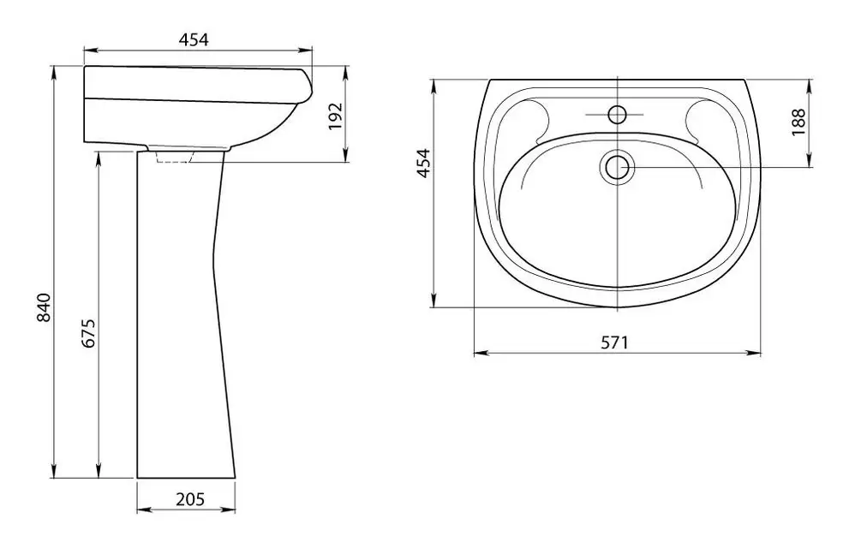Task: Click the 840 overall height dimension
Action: [44, 307]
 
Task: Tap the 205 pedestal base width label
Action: [190, 499]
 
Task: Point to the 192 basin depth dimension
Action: [336, 116]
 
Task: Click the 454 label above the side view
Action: [194, 39]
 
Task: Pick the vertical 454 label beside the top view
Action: [423, 163]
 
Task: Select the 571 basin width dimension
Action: [615, 342]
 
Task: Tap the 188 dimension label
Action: [798, 122]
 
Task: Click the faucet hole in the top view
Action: [617, 115]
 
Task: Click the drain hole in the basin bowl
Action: [617, 167]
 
